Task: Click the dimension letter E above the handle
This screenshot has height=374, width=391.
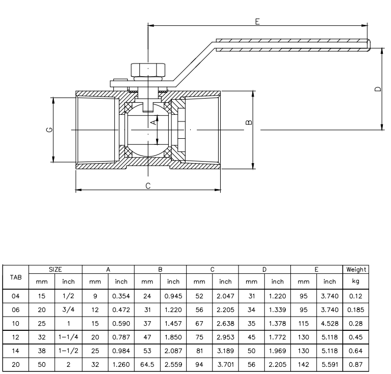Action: click(x=258, y=21)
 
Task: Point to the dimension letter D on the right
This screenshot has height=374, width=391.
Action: click(x=377, y=89)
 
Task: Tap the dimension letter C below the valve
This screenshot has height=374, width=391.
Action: click(x=148, y=186)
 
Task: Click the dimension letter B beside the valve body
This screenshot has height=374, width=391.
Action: click(x=248, y=122)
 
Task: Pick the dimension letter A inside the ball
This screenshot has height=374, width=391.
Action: click(x=153, y=122)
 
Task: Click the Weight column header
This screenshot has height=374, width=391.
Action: click(x=355, y=269)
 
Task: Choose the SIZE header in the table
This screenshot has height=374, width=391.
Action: click(x=55, y=269)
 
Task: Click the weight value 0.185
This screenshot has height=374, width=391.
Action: click(x=355, y=308)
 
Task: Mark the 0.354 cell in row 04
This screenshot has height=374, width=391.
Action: click(x=121, y=294)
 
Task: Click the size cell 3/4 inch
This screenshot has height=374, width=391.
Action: click(x=68, y=308)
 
